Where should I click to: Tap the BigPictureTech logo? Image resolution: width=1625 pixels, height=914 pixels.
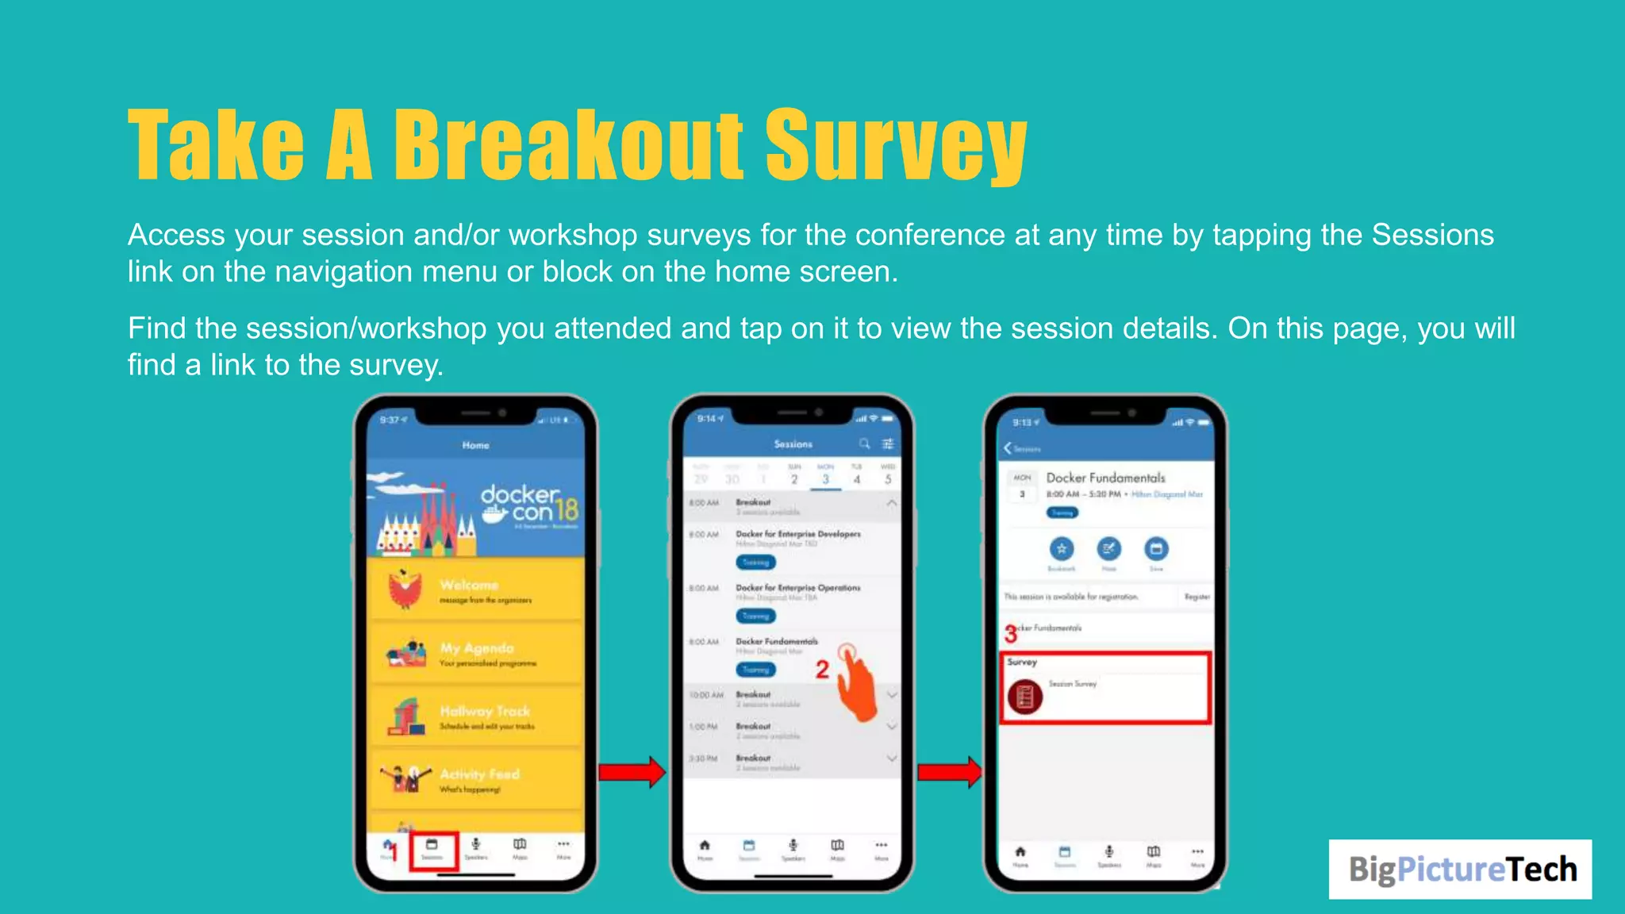[1460, 869]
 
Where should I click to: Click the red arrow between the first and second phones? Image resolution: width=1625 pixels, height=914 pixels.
[632, 772]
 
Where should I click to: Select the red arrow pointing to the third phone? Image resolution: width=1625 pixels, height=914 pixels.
[949, 772]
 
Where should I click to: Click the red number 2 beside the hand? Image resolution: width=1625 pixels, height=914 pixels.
[822, 670]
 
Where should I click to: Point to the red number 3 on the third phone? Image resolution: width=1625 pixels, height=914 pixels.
[1010, 634]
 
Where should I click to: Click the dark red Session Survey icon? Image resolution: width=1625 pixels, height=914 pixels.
[1024, 697]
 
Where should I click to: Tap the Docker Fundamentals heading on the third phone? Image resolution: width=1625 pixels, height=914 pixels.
[1105, 478]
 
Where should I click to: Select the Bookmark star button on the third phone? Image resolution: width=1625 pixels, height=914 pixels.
[1061, 548]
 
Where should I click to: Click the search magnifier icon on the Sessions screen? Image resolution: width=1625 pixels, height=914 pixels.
[864, 444]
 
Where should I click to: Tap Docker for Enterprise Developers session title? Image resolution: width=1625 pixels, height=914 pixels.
[797, 534]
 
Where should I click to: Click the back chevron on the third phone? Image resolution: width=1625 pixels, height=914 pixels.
[1008, 448]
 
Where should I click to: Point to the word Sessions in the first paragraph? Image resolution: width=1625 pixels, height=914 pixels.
[1432, 235]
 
